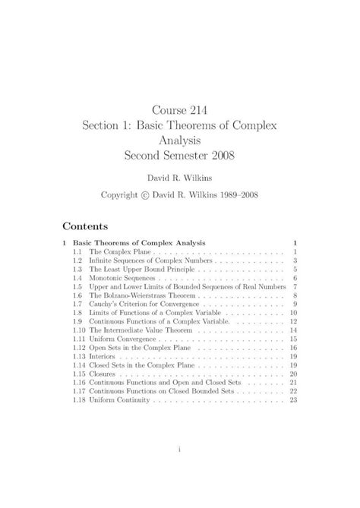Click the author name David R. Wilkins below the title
(x=179, y=177)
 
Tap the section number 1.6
(x=77, y=297)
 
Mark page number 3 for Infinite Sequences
(x=294, y=260)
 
